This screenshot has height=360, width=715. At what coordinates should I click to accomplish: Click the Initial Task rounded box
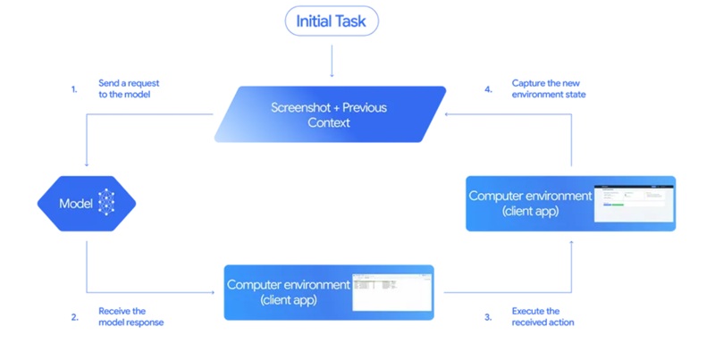tap(332, 21)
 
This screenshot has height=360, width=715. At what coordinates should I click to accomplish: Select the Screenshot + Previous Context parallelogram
tap(329, 114)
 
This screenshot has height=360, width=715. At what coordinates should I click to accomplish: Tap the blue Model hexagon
tap(87, 203)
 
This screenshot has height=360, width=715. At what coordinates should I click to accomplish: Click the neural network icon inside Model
tap(106, 203)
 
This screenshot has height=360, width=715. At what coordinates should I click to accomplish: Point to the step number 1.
tap(74, 89)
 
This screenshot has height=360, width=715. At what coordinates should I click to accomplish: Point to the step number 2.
tap(74, 316)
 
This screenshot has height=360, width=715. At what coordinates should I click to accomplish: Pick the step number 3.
tap(488, 316)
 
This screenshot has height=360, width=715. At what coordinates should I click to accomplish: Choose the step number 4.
tap(488, 89)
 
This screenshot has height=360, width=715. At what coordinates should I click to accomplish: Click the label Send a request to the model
tap(129, 88)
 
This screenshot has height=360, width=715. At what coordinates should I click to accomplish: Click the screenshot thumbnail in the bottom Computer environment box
tap(391, 292)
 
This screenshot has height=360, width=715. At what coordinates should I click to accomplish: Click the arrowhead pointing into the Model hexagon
tap(87, 165)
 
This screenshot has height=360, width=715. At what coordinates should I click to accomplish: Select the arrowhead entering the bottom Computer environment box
tap(219, 292)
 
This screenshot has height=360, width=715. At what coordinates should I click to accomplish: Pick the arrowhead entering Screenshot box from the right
tap(450, 114)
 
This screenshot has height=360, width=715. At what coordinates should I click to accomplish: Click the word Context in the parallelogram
tap(329, 122)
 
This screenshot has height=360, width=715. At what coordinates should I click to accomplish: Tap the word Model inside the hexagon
tap(76, 204)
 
